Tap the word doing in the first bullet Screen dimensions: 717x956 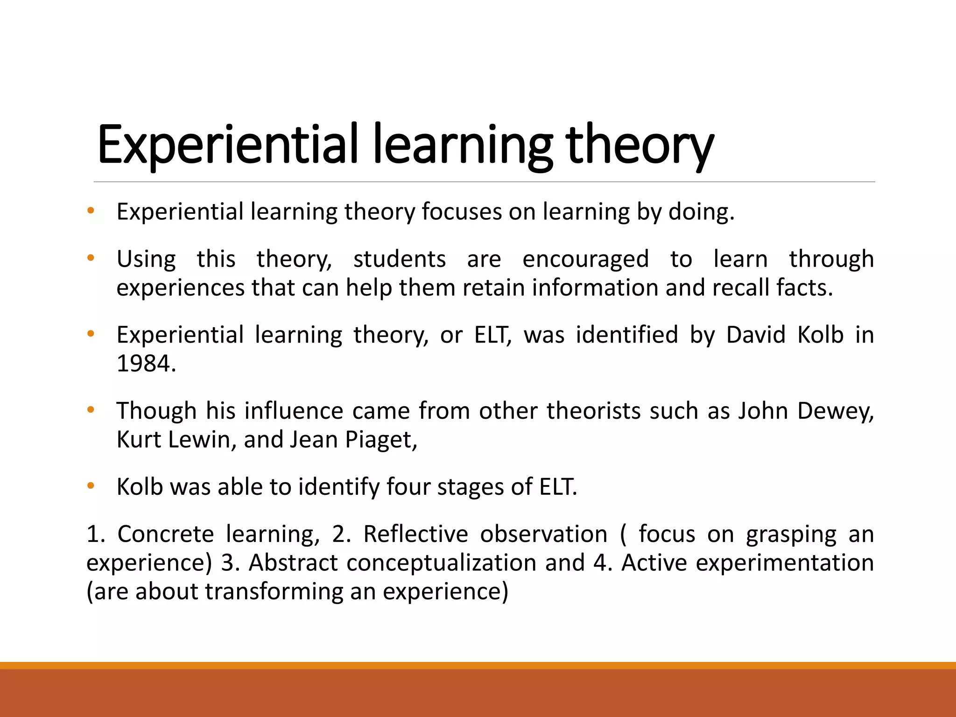701,212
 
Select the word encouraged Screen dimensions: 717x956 585,260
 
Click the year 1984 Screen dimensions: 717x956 146,364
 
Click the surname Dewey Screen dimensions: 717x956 835,411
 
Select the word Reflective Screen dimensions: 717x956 415,534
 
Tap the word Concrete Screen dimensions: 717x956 165,534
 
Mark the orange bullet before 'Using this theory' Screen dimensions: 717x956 91,258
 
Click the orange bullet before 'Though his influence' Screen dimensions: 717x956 91,410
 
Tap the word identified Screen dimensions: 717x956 626,335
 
